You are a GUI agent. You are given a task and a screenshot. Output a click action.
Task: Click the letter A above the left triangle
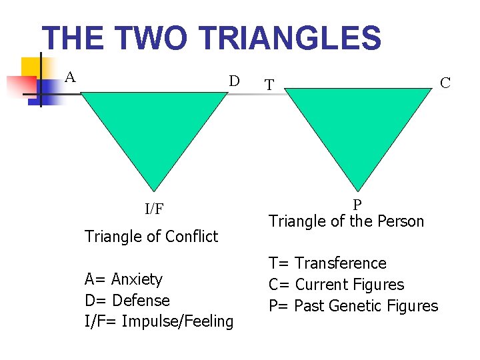[70, 76]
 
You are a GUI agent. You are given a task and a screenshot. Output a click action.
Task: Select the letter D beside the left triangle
[234, 81]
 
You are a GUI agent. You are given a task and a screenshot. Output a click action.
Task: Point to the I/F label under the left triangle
[154, 209]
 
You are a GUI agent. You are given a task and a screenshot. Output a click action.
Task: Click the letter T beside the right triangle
[269, 85]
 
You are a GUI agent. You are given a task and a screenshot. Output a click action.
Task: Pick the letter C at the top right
[445, 83]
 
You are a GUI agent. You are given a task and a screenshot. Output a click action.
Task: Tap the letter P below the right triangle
[357, 205]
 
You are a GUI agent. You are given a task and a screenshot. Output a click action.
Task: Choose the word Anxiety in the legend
[137, 279]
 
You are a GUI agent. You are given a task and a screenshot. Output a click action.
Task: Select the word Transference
[340, 263]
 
